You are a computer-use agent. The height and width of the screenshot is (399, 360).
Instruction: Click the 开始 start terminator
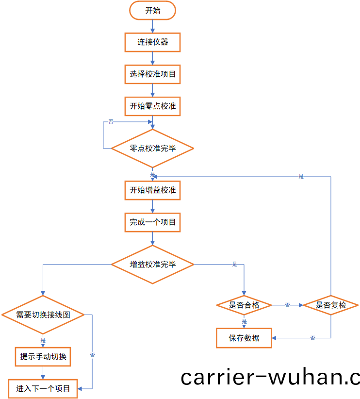tap(152, 11)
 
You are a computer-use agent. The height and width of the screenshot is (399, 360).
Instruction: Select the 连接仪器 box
tap(152, 42)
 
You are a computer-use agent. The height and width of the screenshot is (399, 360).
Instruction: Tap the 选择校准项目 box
tap(152, 75)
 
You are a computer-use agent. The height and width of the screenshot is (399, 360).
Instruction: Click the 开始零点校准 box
tap(152, 106)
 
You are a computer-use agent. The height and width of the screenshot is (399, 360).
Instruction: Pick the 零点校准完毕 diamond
tap(152, 148)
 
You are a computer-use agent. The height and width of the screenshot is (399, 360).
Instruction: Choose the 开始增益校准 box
tap(152, 190)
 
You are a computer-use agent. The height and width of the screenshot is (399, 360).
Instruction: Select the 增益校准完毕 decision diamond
tap(152, 265)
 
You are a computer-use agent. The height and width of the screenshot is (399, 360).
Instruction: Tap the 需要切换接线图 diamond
tap(43, 315)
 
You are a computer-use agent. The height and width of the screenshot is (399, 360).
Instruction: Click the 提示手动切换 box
tap(43, 357)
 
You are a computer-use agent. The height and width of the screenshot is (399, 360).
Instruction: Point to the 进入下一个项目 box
tap(43, 388)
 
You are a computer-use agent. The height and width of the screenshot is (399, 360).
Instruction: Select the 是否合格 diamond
tap(244, 305)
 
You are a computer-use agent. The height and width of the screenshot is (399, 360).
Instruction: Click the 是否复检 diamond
tap(331, 305)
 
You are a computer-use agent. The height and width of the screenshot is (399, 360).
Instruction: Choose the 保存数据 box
tap(244, 338)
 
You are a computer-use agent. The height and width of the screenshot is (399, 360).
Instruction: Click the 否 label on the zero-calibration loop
tap(111, 121)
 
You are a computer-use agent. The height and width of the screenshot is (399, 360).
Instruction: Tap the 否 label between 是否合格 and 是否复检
tap(287, 305)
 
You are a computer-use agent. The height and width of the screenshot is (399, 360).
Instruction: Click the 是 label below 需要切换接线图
tap(43, 341)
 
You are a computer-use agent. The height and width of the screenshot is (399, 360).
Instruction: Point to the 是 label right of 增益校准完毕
tap(235, 265)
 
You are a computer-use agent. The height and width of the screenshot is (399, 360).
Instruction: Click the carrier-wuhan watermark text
tap(270, 377)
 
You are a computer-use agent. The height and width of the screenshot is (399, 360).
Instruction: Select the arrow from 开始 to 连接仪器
tap(152, 27)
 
